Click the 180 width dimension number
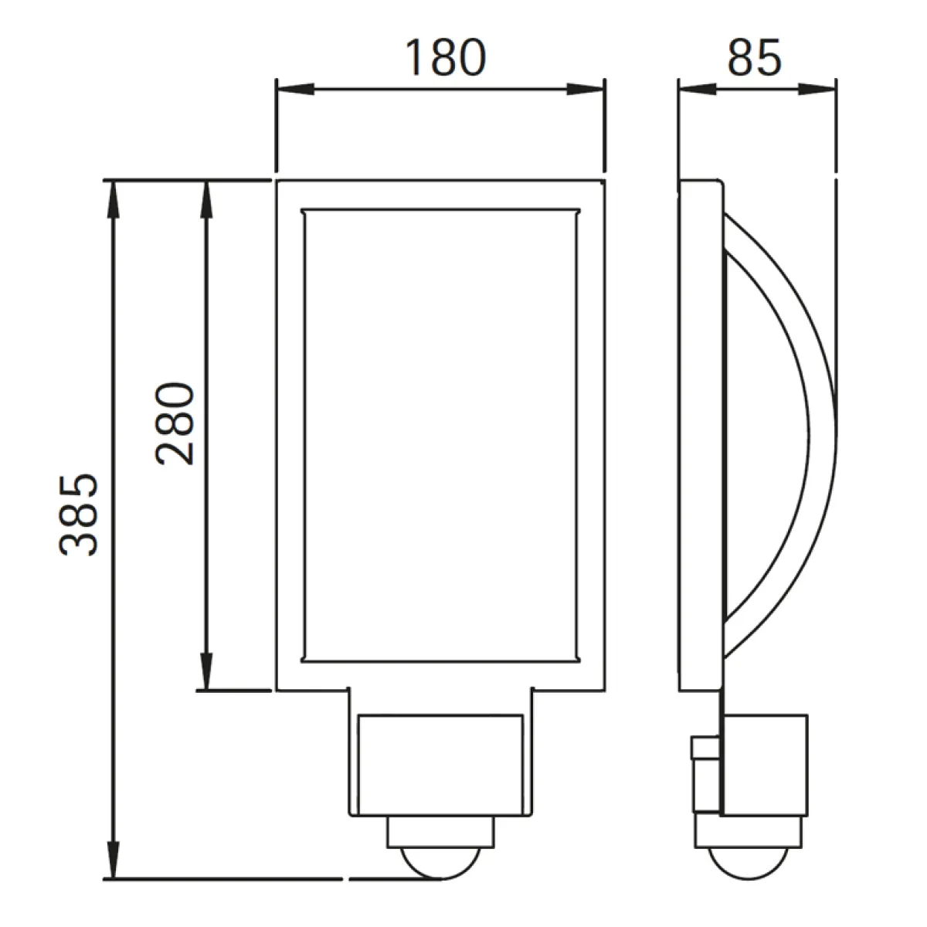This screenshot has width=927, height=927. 446,58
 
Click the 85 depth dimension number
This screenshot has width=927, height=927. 754,58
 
